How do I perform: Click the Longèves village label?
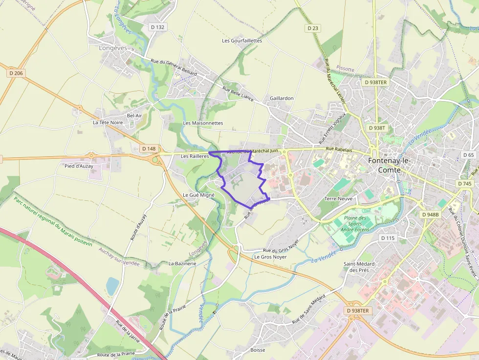(113, 48)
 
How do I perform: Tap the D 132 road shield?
(157, 27)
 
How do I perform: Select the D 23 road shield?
(313, 28)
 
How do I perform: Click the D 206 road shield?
(16, 73)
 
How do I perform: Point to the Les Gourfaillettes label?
(242, 41)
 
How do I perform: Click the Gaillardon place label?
(282, 98)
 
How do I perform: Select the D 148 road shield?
(149, 148)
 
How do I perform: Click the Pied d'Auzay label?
(79, 166)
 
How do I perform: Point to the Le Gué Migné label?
(198, 194)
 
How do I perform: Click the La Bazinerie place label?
(182, 263)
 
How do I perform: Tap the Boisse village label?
(257, 350)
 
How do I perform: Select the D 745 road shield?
(465, 184)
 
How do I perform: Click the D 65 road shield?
(468, 155)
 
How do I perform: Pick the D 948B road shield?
(431, 214)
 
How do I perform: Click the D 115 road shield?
(387, 238)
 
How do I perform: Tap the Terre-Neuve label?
(339, 199)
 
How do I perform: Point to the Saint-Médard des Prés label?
(359, 267)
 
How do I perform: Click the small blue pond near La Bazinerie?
(112, 286)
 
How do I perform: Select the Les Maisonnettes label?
(203, 123)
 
